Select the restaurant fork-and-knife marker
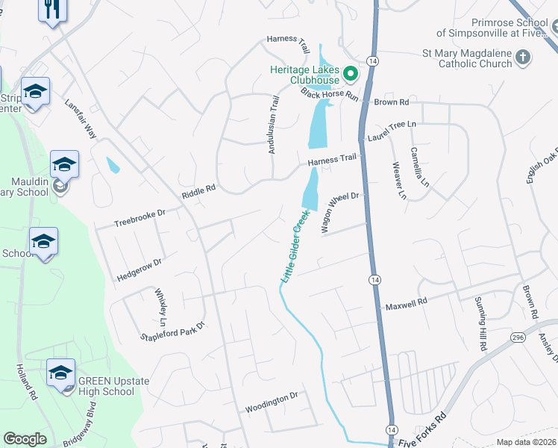coord(51,9)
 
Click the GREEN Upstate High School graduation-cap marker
coord(60,373)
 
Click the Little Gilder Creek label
coord(295,246)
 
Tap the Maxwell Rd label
coord(406,304)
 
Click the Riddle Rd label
coord(198,192)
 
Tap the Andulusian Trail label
coord(273,125)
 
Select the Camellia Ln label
coord(420,167)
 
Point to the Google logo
coord(25,439)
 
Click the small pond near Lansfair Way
coord(113,164)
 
